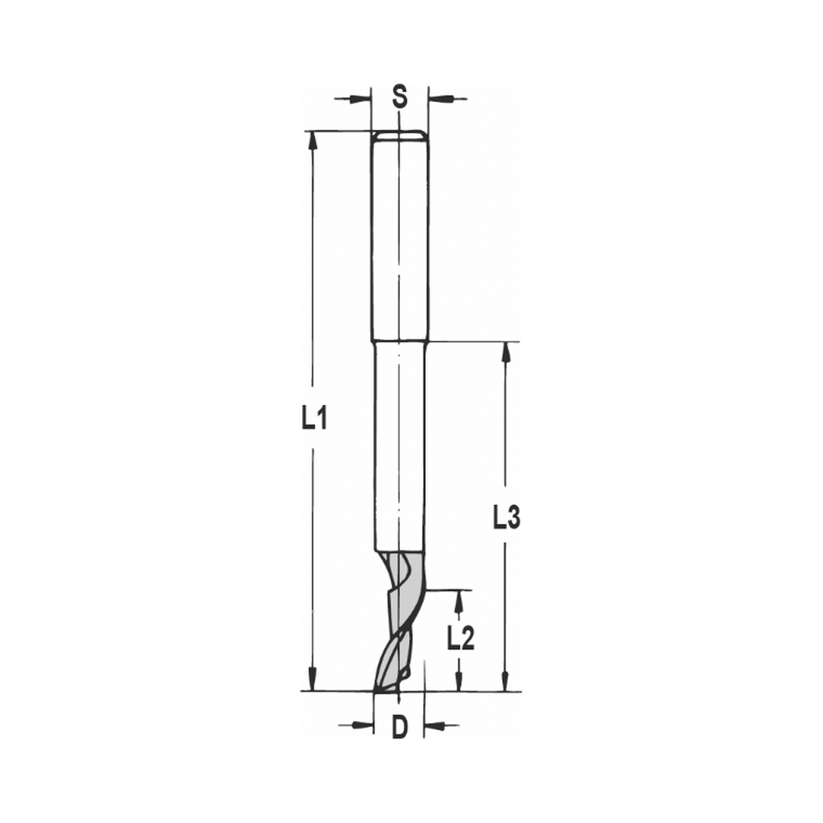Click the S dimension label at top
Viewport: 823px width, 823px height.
[x=399, y=97]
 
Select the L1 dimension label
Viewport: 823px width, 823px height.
[x=314, y=420]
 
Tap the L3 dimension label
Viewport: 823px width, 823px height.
[x=506, y=518]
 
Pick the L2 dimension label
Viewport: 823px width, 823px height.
[x=461, y=638]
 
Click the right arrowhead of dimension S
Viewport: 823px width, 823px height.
[x=439, y=99]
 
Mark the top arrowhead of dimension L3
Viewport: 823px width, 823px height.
[x=506, y=352]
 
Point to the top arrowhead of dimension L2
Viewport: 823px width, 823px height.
[x=459, y=601]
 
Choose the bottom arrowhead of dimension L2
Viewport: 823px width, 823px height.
[x=459, y=681]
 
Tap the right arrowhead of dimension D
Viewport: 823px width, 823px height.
[x=435, y=725]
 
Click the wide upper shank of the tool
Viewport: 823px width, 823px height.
[x=399, y=239]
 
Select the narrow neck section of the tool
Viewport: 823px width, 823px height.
[x=399, y=444]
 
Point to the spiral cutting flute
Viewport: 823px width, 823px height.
[x=399, y=625]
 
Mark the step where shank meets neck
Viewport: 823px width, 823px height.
[x=399, y=341]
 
